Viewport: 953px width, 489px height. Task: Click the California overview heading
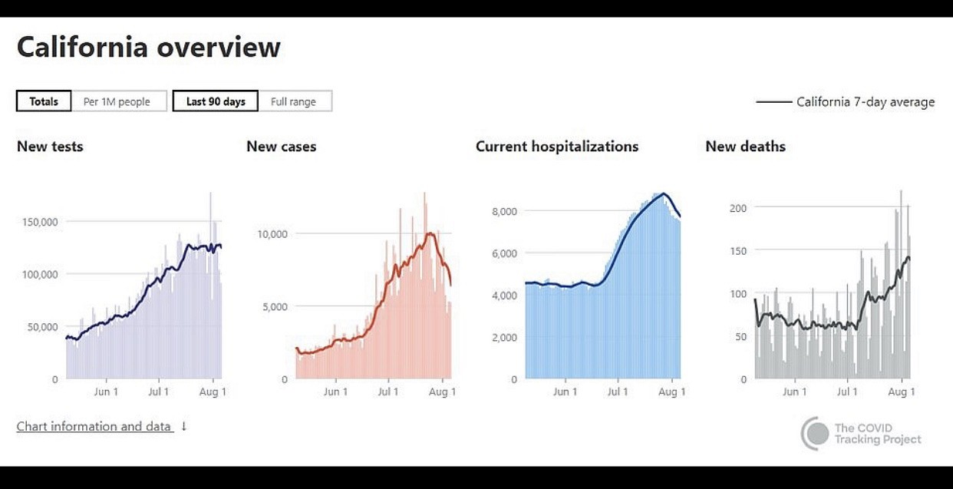pos(149,48)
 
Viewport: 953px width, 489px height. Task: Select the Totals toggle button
pos(44,101)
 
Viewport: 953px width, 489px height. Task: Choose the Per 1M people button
pos(117,101)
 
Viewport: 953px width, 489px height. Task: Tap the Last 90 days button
pos(216,101)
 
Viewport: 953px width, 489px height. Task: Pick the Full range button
pos(293,101)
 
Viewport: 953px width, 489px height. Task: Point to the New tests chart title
pos(50,146)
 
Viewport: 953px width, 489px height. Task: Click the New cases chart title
pos(281,146)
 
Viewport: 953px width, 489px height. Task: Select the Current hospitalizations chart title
pos(557,146)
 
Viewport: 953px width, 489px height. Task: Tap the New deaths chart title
pos(745,146)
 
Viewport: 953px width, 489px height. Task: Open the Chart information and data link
pos(95,426)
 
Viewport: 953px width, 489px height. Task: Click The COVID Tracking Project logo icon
pos(816,434)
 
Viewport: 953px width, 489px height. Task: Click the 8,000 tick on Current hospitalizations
pos(503,211)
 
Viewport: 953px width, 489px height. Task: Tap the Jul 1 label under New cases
pos(388,392)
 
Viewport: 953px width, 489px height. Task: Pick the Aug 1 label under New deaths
pos(902,392)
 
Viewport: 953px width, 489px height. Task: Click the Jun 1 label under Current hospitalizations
pos(566,392)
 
